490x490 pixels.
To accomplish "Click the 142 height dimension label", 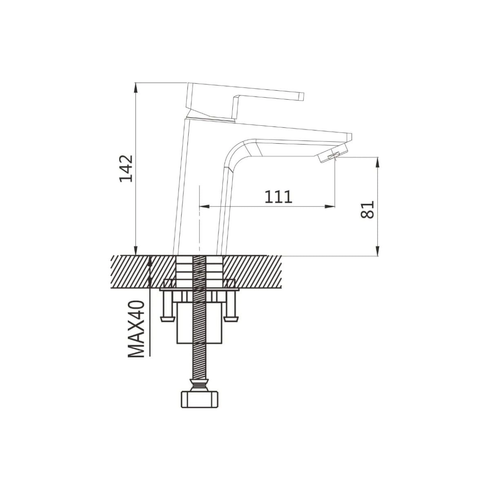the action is tap(126, 168).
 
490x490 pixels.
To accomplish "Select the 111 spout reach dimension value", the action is tap(278, 197).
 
